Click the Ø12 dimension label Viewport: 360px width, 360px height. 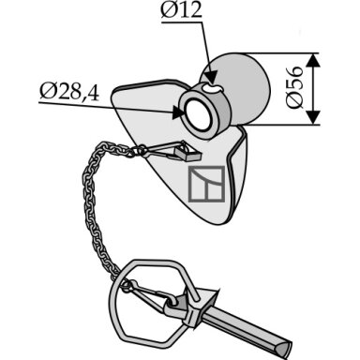[182, 11]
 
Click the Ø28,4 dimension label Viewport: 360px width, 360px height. [69, 93]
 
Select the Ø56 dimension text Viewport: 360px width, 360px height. [294, 87]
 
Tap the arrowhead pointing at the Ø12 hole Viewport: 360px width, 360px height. [212, 78]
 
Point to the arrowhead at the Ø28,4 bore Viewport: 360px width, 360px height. [178, 112]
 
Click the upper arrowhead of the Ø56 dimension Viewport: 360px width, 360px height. [313, 60]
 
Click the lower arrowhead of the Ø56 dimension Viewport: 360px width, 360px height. [313, 117]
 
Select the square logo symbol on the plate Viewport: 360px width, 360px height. [206, 184]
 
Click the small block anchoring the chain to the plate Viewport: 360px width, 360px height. [187, 154]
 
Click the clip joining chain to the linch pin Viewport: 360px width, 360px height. [147, 293]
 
